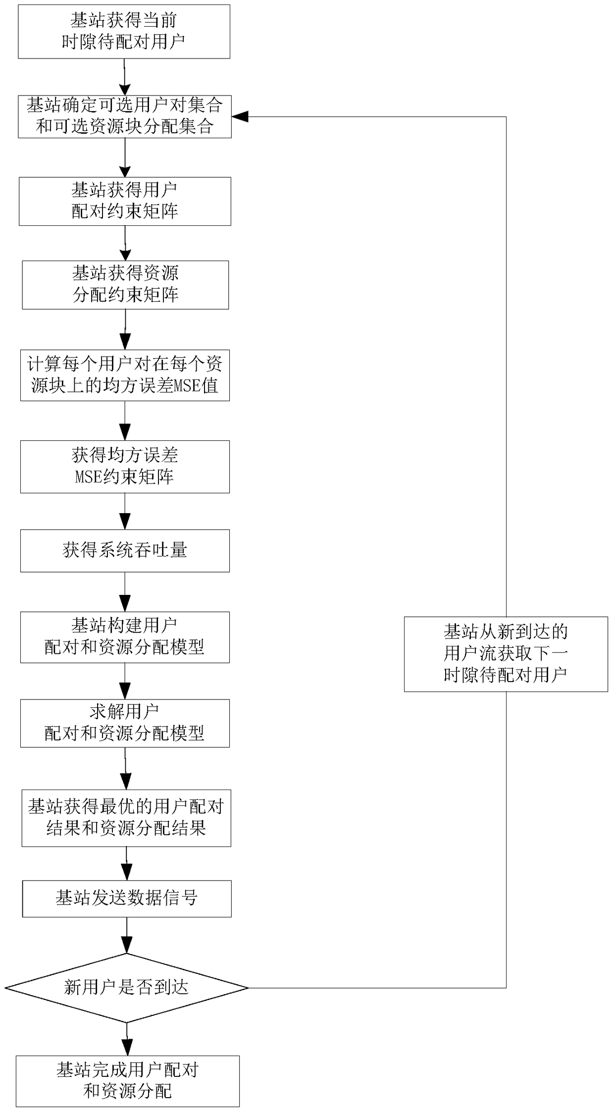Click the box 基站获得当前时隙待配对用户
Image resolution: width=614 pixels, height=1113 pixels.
[124, 32]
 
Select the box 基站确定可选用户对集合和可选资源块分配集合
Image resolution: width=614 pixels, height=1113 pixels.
[125, 116]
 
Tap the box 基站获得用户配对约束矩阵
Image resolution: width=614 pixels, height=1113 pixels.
[125, 201]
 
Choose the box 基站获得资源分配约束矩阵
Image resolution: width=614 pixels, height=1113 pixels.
[125, 285]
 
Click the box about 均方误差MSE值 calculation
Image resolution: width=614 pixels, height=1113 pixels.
[125, 375]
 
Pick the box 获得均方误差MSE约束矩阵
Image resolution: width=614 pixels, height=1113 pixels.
[125, 467]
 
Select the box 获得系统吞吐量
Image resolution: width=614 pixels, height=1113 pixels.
[125, 551]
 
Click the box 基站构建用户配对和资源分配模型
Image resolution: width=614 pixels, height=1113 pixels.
[125, 637]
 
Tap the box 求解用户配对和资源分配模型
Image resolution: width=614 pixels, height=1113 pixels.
[125, 723]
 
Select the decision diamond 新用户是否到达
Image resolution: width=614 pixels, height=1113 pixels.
[126, 988]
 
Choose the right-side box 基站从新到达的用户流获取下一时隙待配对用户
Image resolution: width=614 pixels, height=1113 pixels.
[506, 654]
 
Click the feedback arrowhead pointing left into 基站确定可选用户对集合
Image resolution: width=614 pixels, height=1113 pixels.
[240, 117]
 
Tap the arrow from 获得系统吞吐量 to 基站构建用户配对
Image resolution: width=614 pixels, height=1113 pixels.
[125, 592]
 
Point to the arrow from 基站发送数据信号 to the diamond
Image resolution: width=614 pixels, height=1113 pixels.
[127, 935]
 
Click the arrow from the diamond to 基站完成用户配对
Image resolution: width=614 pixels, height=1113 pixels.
[127, 1039]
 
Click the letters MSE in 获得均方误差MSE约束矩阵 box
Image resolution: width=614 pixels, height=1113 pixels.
[88, 477]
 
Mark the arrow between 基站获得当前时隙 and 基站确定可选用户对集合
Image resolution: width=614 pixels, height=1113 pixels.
[124, 77]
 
